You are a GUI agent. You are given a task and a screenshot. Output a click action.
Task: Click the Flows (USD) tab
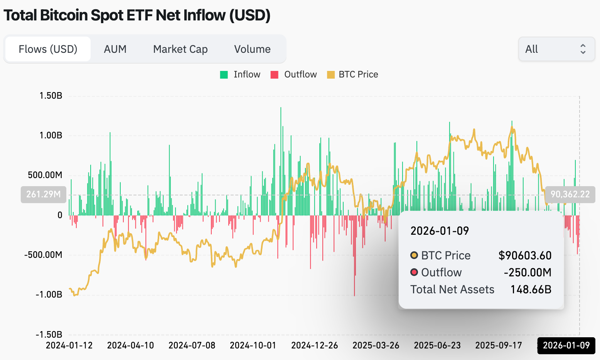(x=48, y=49)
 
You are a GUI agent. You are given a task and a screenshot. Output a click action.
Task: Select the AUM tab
(x=115, y=49)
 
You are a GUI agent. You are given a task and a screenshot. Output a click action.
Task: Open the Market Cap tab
(x=180, y=49)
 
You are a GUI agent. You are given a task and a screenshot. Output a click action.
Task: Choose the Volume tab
(x=252, y=49)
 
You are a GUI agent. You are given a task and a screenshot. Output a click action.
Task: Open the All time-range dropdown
(x=556, y=49)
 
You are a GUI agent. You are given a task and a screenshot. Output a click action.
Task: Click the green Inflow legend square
(x=224, y=75)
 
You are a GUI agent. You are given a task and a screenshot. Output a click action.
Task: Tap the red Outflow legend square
(x=275, y=75)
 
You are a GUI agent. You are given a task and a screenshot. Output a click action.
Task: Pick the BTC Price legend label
(x=358, y=74)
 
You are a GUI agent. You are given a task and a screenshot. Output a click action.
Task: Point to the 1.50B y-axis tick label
(x=51, y=96)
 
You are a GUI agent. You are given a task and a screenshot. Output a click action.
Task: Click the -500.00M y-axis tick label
(x=43, y=255)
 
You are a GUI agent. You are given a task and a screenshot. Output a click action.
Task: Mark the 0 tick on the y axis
(x=60, y=215)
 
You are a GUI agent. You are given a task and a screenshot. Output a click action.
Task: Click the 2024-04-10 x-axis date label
(x=130, y=345)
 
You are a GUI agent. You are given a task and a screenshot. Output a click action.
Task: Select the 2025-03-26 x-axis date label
(x=376, y=345)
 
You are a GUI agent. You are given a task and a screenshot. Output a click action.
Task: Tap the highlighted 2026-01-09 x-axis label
(x=566, y=345)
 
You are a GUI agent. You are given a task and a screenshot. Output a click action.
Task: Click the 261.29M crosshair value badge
(x=43, y=194)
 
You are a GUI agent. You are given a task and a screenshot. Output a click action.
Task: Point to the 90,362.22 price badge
(x=570, y=194)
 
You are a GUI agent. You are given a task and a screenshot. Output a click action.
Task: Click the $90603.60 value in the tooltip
(x=525, y=256)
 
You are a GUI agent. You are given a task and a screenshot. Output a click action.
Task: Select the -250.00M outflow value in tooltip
(x=528, y=273)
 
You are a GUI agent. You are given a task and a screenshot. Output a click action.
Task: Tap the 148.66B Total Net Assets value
(x=531, y=289)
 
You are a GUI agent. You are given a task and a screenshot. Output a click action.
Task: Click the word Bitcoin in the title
(x=64, y=15)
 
